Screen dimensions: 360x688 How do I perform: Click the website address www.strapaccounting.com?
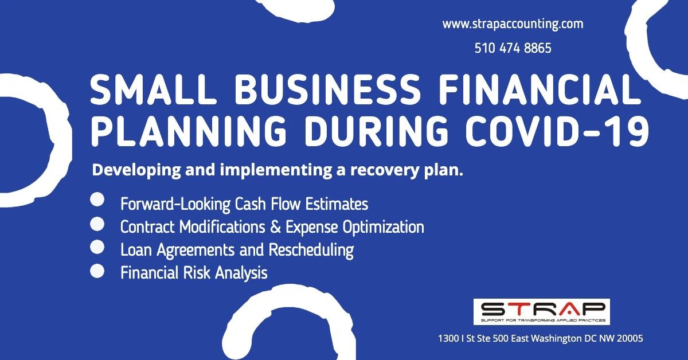pyautogui.click(x=513, y=25)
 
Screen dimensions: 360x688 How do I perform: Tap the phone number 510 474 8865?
pyautogui.click(x=513, y=49)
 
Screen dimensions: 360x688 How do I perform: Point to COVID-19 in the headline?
pyautogui.click(x=559, y=132)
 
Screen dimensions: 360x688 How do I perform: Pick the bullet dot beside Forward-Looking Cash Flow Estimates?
pyautogui.click(x=97, y=200)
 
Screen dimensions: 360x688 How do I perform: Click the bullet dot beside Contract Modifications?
pyautogui.click(x=97, y=224)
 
